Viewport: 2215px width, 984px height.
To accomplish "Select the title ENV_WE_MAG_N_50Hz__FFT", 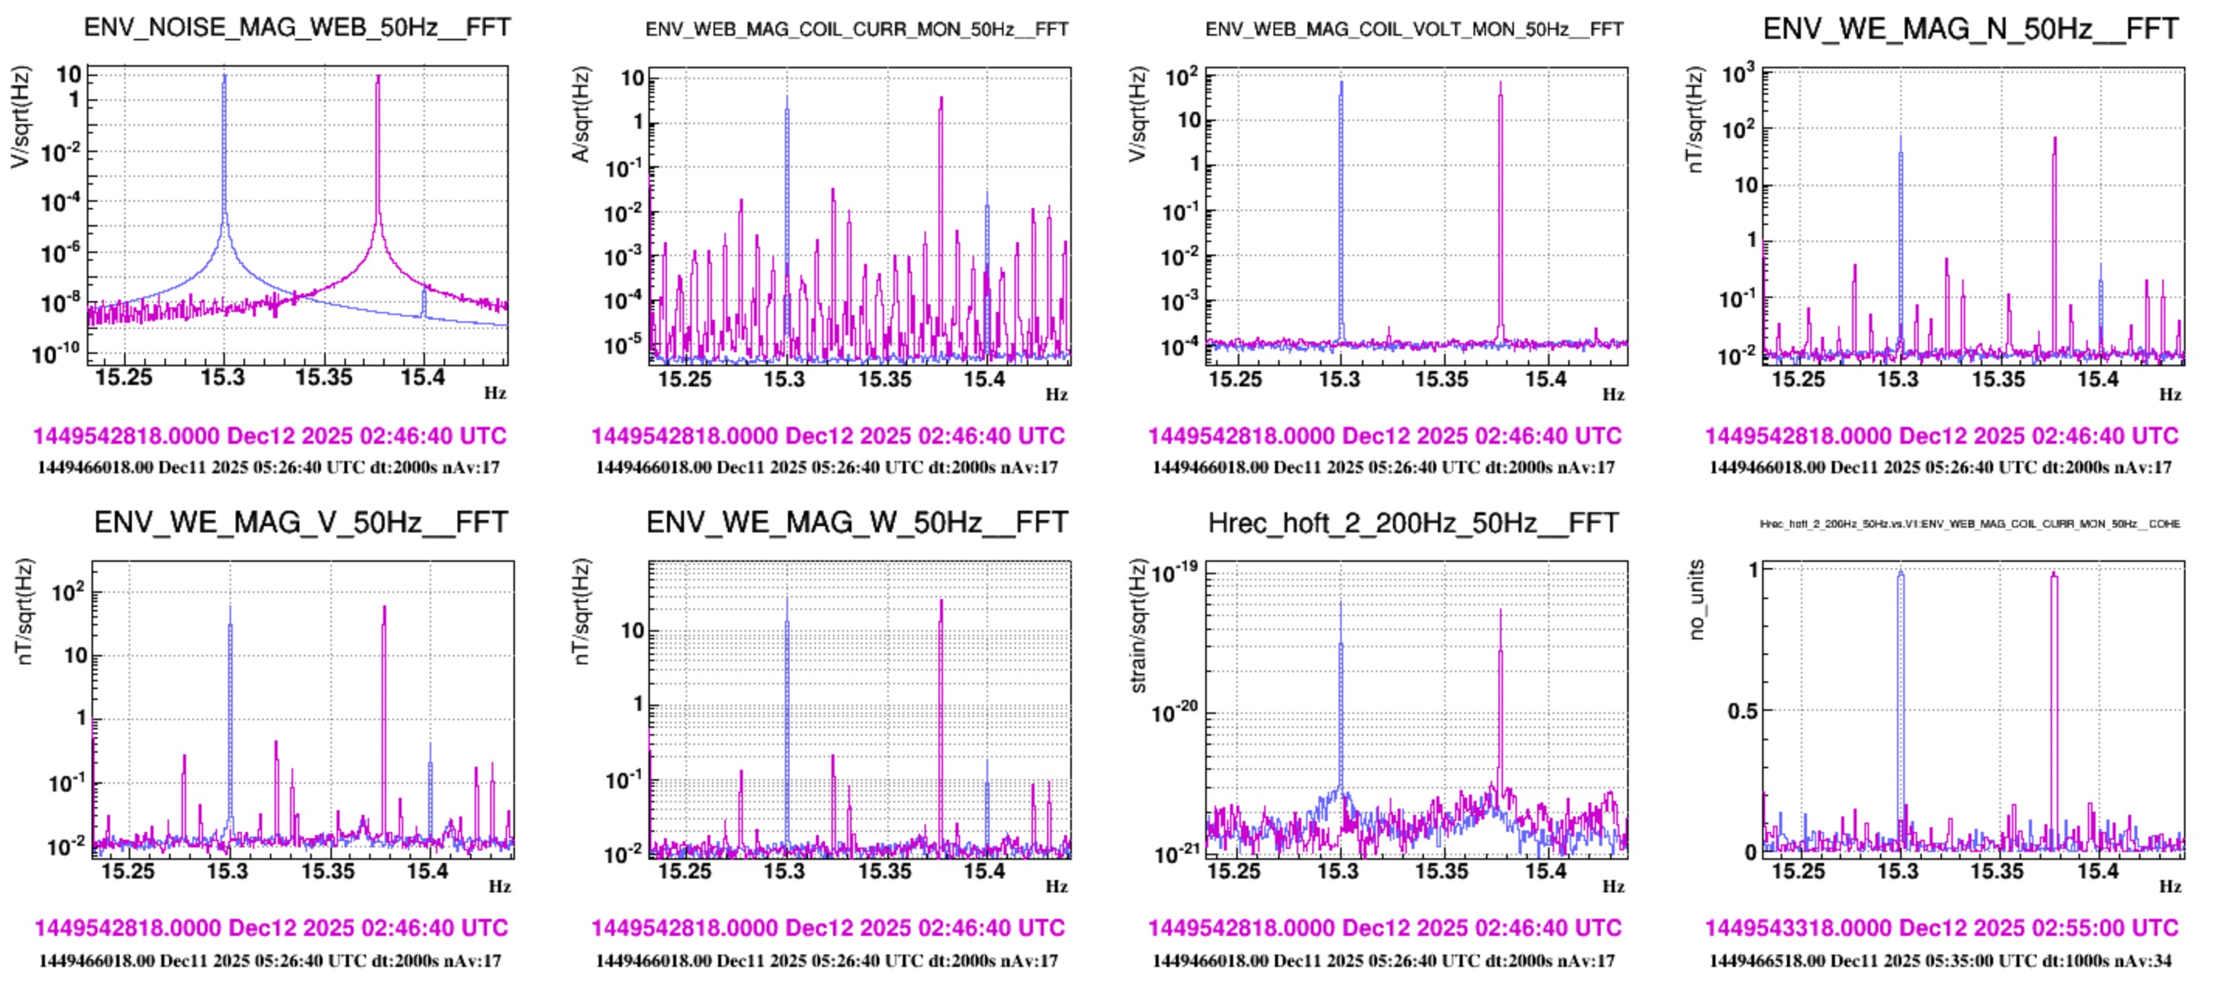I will (1970, 29).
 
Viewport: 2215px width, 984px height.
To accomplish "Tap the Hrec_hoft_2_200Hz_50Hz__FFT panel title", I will (1413, 522).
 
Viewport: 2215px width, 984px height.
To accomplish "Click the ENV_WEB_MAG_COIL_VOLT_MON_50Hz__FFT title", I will (1414, 29).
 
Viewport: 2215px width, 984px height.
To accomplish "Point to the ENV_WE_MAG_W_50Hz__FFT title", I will (856, 522).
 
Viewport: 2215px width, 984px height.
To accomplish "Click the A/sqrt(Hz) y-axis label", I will (581, 113).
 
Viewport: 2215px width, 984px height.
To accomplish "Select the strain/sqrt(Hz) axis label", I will (1138, 626).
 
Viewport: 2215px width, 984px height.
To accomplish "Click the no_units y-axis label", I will (1695, 601).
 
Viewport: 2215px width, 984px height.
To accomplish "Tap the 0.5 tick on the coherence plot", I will (1742, 712).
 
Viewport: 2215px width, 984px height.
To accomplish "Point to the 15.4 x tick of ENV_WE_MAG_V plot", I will (427, 871).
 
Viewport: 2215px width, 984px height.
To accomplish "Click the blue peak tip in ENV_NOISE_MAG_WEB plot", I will (224, 77).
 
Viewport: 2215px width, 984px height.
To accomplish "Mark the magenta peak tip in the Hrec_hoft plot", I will (1501, 612).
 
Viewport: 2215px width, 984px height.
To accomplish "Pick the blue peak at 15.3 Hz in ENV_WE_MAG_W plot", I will (786, 601).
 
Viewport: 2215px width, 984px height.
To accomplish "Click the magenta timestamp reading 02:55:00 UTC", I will (1941, 928).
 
